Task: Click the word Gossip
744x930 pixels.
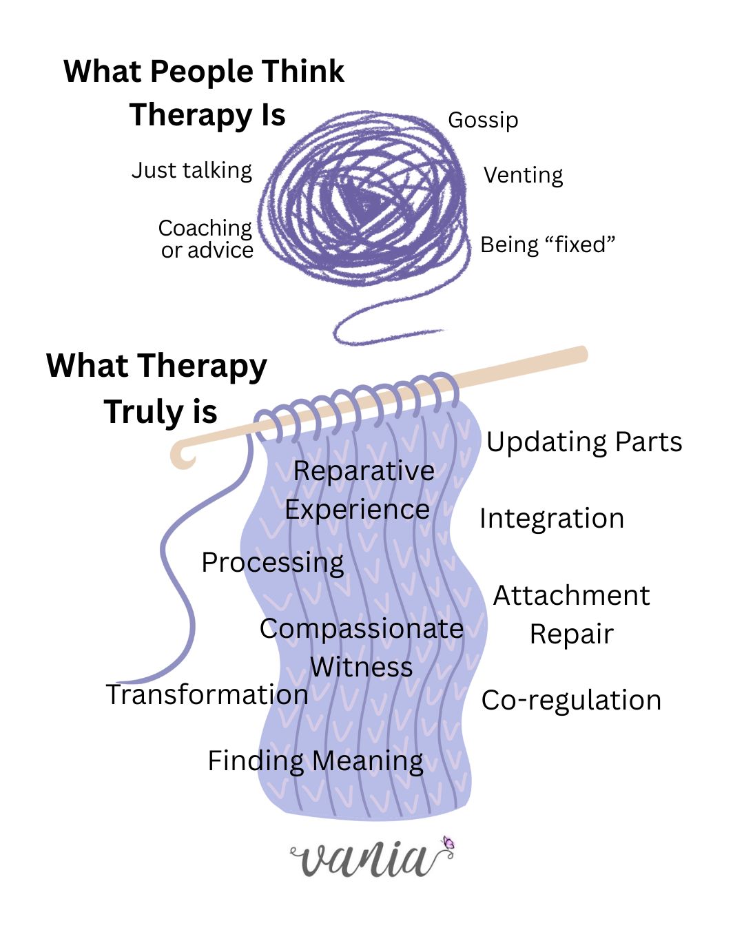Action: pos(483,120)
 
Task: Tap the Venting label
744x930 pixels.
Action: pos(523,175)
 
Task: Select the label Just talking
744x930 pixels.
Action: pos(192,170)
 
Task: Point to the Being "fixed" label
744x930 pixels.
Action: pos(547,245)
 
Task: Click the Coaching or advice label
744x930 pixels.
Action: pos(206,238)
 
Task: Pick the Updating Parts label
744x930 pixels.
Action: pos(584,442)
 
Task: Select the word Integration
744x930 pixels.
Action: pos(552,518)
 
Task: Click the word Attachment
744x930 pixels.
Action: pos(571,595)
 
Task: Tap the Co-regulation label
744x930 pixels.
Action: pos(571,700)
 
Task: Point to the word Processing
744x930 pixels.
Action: pos(272,563)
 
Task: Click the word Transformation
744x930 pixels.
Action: pos(207,694)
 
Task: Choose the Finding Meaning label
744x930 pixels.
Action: pos(316,761)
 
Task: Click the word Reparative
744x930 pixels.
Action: pos(364,471)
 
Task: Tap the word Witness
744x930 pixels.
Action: pos(361,667)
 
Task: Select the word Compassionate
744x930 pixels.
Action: pos(361,628)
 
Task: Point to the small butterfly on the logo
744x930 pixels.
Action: pos(448,843)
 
